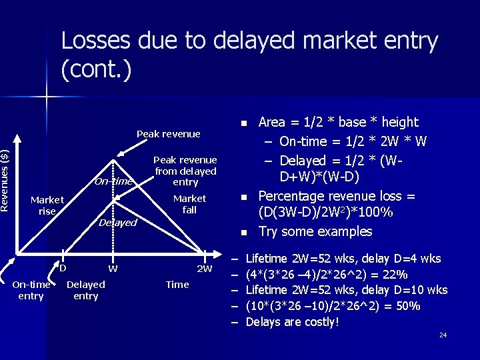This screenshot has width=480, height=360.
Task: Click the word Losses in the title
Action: point(97,41)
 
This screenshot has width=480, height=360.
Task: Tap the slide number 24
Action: point(443,335)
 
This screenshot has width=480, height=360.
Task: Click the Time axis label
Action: point(177,285)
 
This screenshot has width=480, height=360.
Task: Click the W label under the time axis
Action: point(113,269)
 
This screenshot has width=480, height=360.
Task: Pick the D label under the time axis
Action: point(63,269)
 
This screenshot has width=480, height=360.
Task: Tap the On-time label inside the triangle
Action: point(113,181)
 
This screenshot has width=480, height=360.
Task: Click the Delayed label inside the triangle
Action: point(117,223)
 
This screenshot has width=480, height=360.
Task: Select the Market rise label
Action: point(47,205)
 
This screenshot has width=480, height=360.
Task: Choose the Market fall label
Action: point(189,204)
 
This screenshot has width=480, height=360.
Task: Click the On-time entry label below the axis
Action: point(31,290)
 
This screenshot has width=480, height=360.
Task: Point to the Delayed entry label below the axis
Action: point(86,290)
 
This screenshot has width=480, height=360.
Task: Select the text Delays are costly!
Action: point(292,322)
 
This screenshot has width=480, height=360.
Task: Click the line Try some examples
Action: point(315,231)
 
